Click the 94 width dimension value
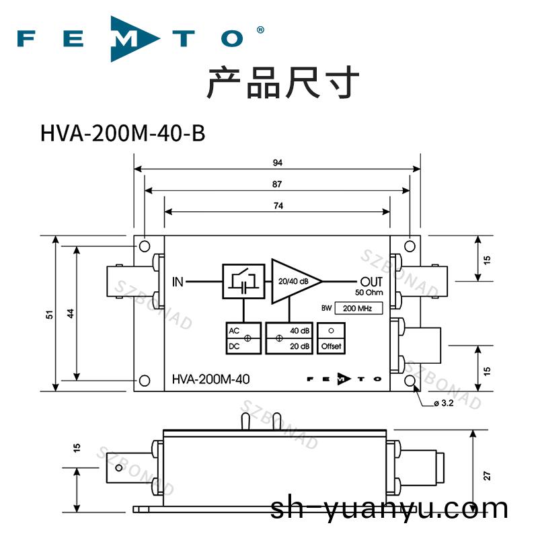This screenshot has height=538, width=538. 277,163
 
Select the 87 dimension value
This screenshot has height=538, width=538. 277,184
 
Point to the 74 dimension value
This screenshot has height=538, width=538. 277,205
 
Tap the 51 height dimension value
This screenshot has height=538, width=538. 48,314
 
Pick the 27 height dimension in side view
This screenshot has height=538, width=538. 487,475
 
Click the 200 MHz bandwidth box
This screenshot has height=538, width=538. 358,309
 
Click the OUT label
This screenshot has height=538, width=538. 371,281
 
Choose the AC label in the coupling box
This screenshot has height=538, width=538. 234,331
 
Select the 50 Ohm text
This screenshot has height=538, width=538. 369,293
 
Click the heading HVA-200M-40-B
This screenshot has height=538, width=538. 122,133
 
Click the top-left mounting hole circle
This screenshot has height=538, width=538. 144,245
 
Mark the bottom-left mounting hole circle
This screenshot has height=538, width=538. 144,381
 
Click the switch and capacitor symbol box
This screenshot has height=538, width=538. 243,280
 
